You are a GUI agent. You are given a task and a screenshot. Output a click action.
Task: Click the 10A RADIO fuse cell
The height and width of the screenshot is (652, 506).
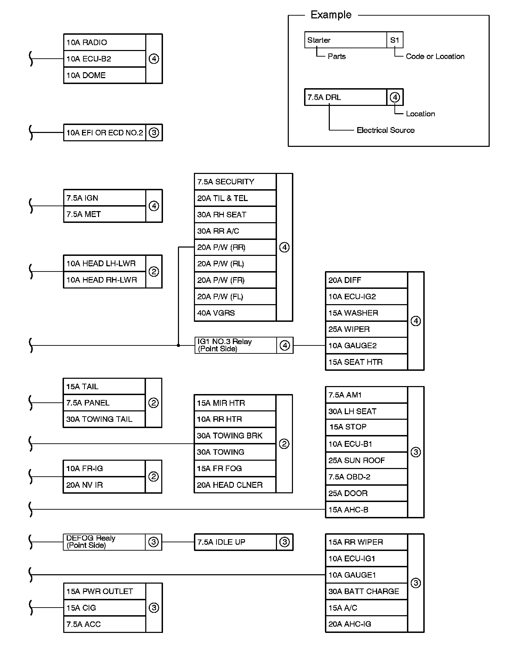click(x=104, y=42)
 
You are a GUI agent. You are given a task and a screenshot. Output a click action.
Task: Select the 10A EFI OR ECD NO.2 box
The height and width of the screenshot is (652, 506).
click(x=105, y=133)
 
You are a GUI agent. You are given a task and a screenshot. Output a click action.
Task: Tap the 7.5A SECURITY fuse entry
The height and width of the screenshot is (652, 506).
click(x=235, y=182)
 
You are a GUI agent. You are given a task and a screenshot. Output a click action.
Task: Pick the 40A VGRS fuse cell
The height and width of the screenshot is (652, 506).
click(x=235, y=313)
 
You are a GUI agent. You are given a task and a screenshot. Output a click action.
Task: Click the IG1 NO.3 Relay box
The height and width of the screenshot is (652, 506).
click(x=236, y=345)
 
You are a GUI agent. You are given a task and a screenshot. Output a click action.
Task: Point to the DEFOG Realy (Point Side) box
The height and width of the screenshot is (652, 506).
click(x=104, y=542)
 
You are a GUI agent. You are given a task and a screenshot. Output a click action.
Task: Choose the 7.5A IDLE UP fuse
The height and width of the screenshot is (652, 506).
click(x=235, y=542)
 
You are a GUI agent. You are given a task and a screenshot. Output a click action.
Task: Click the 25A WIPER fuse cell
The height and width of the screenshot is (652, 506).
click(x=366, y=329)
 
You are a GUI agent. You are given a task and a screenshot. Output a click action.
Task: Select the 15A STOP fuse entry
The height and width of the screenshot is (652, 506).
click(x=366, y=427)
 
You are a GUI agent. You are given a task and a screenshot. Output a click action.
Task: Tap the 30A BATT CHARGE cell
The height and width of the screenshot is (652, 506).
click(x=366, y=591)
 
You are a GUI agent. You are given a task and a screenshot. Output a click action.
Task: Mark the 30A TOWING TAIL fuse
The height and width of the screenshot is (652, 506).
click(x=104, y=419)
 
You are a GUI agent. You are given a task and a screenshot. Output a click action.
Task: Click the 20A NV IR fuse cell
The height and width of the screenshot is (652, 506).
click(x=104, y=485)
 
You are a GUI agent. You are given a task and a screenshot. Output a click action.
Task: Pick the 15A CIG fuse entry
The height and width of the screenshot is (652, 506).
click(x=104, y=608)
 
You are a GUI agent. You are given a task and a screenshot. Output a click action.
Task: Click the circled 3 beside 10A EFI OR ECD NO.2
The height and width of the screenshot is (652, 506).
click(x=154, y=133)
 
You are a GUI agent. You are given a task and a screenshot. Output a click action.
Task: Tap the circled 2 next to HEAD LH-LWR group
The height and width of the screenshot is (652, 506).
click(x=154, y=271)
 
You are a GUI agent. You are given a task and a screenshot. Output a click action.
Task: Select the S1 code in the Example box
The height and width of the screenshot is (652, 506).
click(x=395, y=40)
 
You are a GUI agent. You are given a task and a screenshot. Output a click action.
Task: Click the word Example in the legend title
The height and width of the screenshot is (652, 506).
click(x=331, y=15)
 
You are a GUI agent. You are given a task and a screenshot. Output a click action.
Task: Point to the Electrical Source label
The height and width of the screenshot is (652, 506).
click(x=385, y=130)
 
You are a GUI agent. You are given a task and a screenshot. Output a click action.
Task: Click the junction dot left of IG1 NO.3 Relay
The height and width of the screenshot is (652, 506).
click(x=178, y=345)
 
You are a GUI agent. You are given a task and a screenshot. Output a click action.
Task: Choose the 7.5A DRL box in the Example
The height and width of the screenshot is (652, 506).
click(x=345, y=97)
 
